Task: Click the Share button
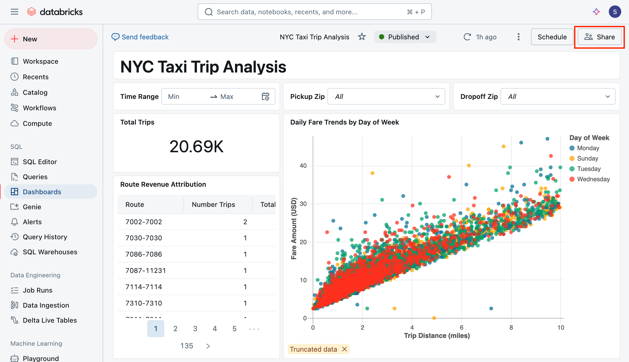599,37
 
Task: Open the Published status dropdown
405,37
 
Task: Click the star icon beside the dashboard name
362,37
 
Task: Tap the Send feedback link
140,37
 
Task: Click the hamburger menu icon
15,12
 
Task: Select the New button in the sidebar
51,39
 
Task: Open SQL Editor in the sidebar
40,162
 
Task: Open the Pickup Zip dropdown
386,97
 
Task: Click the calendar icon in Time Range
266,97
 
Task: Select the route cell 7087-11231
146,271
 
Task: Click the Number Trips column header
213,205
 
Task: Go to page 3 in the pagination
195,329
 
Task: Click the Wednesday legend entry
590,179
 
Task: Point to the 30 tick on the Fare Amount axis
303,204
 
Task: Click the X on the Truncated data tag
344,349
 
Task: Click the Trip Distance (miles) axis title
437,336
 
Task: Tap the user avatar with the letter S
615,12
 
